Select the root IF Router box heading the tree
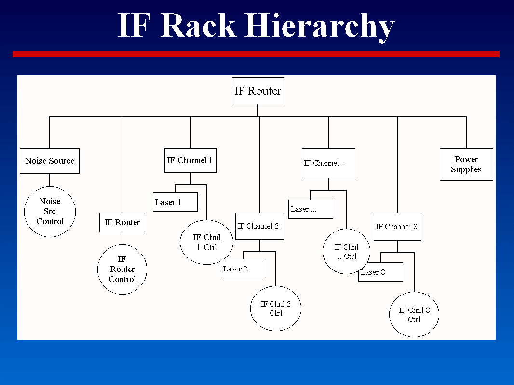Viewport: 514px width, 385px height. click(258, 91)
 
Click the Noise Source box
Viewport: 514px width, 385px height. click(50, 161)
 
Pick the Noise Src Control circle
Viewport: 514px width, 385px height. click(50, 212)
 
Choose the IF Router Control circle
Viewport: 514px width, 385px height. click(122, 269)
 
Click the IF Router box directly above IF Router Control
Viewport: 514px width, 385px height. click(122, 222)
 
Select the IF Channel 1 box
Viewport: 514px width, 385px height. click(190, 160)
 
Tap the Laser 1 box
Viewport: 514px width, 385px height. click(176, 202)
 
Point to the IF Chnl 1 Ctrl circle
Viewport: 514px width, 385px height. click(206, 243)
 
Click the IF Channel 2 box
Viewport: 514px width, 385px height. click(259, 226)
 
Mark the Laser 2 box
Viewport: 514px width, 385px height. click(243, 269)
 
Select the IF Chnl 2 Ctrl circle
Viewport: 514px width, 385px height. click(276, 308)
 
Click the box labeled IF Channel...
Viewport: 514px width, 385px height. click(328, 163)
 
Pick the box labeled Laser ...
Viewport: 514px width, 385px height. click(311, 209)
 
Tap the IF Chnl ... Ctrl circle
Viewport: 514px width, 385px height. click(346, 252)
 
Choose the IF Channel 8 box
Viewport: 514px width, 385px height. click(397, 226)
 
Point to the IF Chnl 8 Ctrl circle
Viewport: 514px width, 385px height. click(414, 315)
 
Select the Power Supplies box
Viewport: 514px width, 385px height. click(466, 165)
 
